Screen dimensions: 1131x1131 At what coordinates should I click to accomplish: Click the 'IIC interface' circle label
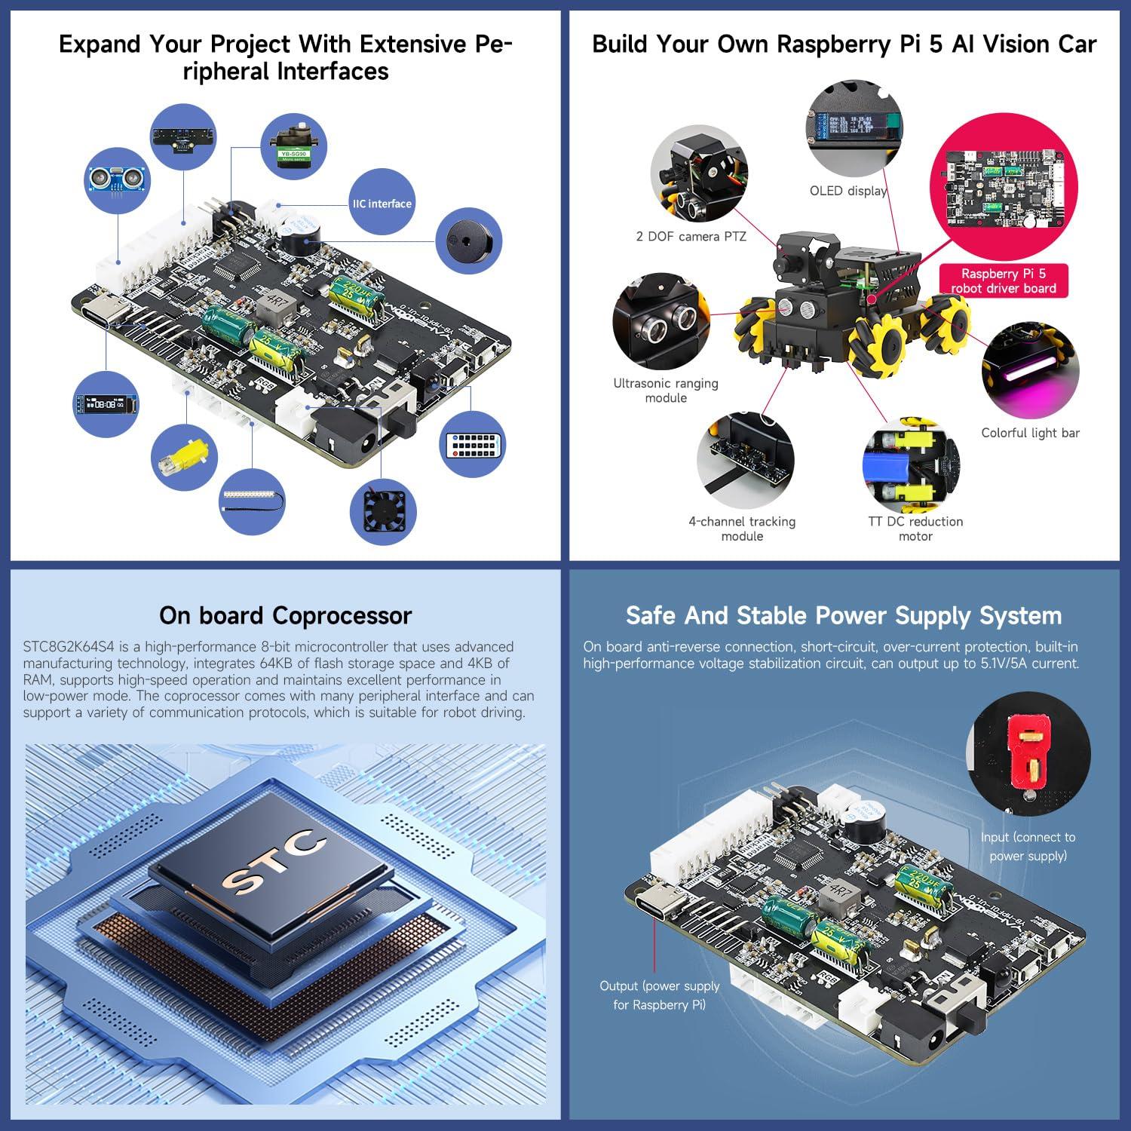pos(382,203)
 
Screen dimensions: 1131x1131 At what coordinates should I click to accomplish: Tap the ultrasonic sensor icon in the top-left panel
pos(116,179)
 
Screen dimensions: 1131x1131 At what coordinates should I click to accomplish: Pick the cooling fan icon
pos(383,512)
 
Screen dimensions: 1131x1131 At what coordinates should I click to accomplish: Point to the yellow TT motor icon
pos(184,458)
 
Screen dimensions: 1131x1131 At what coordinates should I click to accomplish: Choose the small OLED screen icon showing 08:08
pos(106,404)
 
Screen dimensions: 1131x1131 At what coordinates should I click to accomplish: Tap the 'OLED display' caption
pos(848,191)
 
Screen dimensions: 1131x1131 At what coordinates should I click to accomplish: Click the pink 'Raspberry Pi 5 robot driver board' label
pos(1004,280)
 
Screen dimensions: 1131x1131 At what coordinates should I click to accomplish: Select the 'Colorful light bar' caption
pos(1030,433)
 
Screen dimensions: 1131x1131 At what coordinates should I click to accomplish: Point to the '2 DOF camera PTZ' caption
pos(691,236)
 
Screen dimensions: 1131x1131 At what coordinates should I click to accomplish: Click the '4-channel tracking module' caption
pos(742,529)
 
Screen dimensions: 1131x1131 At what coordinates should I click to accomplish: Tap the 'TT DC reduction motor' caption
pos(915,529)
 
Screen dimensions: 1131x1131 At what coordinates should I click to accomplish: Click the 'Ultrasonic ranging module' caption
pos(666,390)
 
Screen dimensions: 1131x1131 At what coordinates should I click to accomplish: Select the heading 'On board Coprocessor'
pos(285,615)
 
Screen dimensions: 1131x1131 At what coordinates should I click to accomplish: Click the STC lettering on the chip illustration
pos(274,862)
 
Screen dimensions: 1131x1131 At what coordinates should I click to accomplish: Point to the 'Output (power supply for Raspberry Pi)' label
pos(659,995)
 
